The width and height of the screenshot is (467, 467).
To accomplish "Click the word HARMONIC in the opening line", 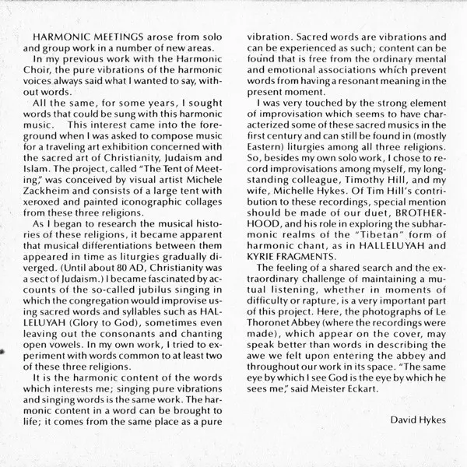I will (56, 37).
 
